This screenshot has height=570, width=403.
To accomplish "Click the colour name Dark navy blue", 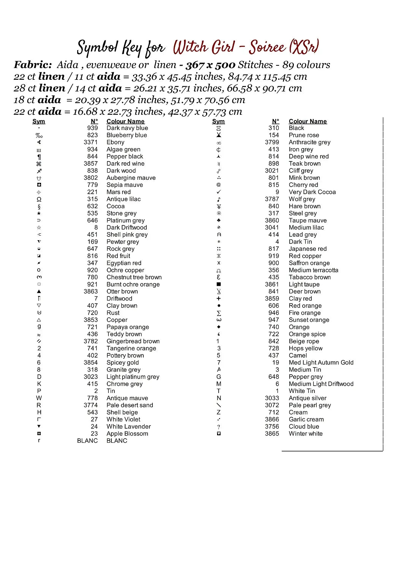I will pos(127,128).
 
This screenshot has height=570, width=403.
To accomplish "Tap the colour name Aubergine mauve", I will pos(131,178).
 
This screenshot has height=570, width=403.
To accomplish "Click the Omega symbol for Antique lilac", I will pos(39,199).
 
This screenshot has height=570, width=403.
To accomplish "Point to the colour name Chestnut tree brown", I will pos(134,277).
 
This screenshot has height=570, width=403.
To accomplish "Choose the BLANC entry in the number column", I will pos(87,441).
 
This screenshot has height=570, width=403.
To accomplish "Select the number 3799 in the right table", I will pos(272,142).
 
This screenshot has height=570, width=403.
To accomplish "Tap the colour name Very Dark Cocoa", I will pos(312,192).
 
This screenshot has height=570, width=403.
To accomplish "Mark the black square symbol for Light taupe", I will pos(219,284).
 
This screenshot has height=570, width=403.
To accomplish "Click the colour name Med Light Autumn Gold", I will pos(321,363).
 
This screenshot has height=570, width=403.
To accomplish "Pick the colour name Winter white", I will pos(305,434).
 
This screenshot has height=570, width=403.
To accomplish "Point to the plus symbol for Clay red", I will pos(219,299).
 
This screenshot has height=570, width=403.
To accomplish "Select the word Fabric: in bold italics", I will pos(33,65).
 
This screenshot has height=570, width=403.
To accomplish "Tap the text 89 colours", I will pos(306,65).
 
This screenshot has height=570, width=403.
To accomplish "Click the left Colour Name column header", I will pos(125,121).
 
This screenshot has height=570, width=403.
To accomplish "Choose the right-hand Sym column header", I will pos(218,121).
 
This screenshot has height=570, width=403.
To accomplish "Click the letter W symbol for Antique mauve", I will pos(39,398).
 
